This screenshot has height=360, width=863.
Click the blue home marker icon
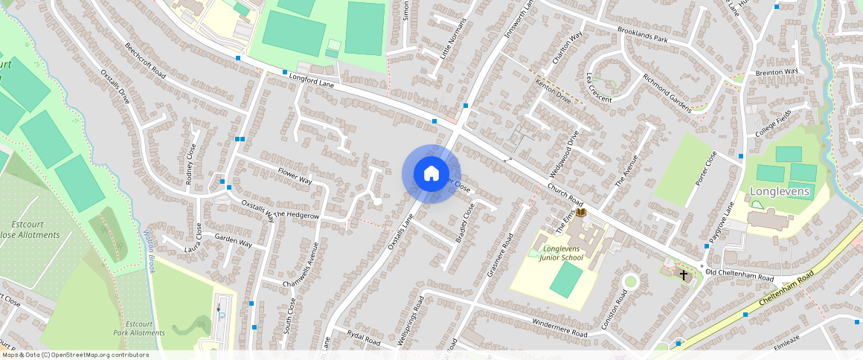click(x=431, y=174)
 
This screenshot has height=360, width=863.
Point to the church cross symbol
click(x=683, y=275)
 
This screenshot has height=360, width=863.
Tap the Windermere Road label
click(x=559, y=328)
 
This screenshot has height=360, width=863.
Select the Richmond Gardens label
click(x=667, y=92)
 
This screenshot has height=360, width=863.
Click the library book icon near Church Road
click(x=581, y=213)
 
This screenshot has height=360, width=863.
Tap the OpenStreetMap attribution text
click(x=74, y=355)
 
